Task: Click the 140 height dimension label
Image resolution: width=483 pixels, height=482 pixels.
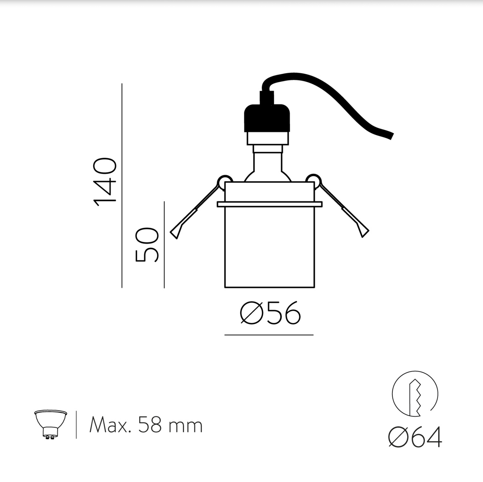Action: click(x=105, y=182)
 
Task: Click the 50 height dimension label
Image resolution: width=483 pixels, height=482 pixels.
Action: click(x=147, y=245)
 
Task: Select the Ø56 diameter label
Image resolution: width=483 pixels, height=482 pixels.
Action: click(x=270, y=313)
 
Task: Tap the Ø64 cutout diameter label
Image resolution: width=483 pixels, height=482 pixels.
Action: click(x=415, y=437)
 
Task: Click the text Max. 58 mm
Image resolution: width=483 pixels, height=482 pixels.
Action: click(x=146, y=426)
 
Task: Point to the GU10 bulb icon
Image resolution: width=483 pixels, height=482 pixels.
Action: click(x=50, y=424)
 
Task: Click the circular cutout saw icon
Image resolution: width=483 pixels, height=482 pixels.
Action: click(x=415, y=393)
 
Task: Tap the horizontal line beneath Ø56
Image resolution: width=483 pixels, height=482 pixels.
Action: click(x=269, y=335)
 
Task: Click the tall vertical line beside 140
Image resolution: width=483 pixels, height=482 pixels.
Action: click(x=122, y=185)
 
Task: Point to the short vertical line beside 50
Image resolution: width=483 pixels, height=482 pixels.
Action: click(x=164, y=245)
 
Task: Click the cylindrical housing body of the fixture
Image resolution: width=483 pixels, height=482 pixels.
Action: click(x=269, y=247)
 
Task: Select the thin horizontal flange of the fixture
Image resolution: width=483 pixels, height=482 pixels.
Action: click(x=269, y=204)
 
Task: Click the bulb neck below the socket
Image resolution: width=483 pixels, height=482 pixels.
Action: click(x=267, y=161)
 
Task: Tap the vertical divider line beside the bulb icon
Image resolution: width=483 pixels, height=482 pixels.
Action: click(x=76, y=425)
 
